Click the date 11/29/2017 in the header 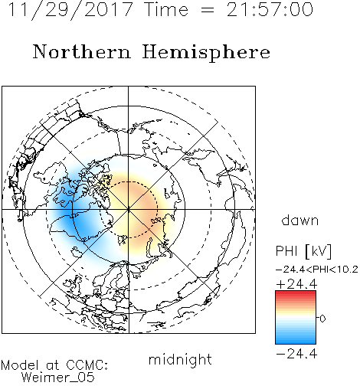pyautogui.click(x=70, y=10)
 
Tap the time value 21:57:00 pyautogui.click(x=270, y=10)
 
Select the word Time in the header pyautogui.click(x=166, y=10)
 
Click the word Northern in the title pyautogui.click(x=82, y=51)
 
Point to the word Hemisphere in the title pyautogui.click(x=206, y=52)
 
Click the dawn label pyautogui.click(x=300, y=220)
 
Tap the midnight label pyautogui.click(x=180, y=359)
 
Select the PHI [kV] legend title pyautogui.click(x=303, y=251)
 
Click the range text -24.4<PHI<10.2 pyautogui.click(x=317, y=270)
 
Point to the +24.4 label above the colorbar pyautogui.click(x=296, y=284)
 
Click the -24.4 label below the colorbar pyautogui.click(x=296, y=354)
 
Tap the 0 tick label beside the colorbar pyautogui.click(x=322, y=319)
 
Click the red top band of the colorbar pyautogui.click(x=296, y=294)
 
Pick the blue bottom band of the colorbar pyautogui.click(x=296, y=340)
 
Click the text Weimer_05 pyautogui.click(x=58, y=378)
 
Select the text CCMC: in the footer pyautogui.click(x=87, y=365)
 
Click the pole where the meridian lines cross pyautogui.click(x=129, y=209)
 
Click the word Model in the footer pyautogui.click(x=20, y=365)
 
